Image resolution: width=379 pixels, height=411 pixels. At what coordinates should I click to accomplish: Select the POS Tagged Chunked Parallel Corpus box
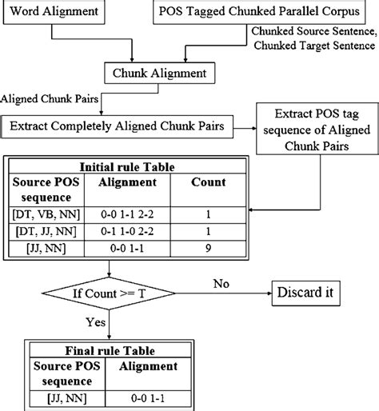263,13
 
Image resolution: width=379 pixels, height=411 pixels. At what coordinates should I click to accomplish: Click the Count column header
208,183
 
